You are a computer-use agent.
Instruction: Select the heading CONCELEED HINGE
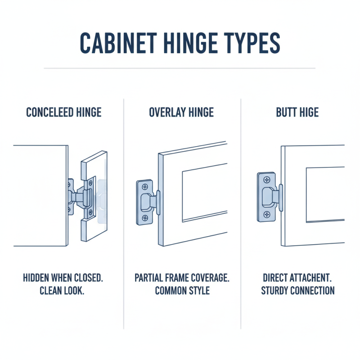63,112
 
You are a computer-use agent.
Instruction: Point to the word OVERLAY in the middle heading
167,112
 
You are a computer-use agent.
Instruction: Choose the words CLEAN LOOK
63,291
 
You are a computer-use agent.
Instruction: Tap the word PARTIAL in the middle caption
150,278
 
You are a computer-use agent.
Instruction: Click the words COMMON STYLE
182,291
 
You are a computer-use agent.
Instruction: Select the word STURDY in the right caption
275,291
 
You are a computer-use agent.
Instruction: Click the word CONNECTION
314,291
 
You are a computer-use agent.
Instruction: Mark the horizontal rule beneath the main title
180,68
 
